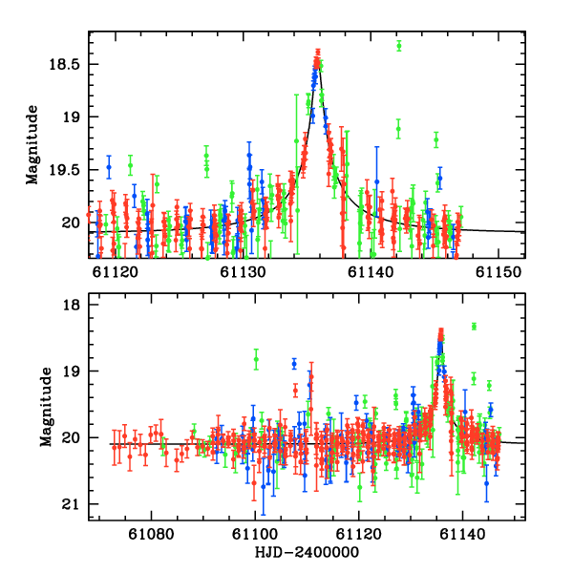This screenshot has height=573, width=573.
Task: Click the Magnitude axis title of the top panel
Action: click(32, 145)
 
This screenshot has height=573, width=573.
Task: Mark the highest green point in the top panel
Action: click(399, 45)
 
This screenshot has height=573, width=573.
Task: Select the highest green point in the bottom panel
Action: click(474, 326)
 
